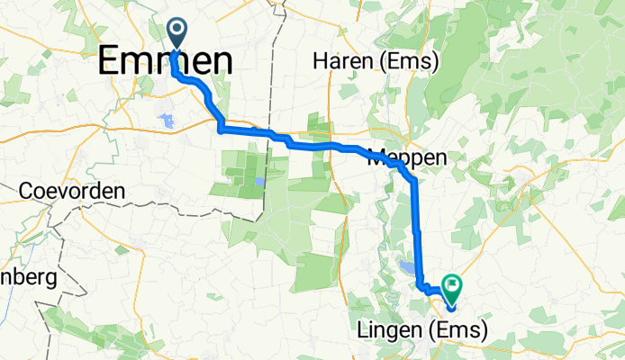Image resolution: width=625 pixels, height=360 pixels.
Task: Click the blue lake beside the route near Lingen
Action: [407, 267]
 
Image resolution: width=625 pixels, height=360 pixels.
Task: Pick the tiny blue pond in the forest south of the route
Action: [259, 181]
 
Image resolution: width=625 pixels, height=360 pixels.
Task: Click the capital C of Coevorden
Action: [27, 192]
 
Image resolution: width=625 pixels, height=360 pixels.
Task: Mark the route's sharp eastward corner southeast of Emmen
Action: [221, 130]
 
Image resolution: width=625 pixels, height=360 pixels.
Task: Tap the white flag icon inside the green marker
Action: [451, 286]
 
